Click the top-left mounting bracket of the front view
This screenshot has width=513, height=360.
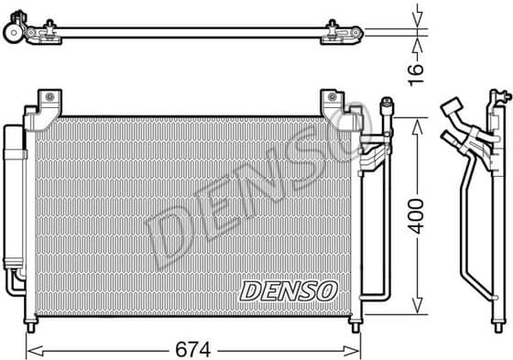(x=49, y=103)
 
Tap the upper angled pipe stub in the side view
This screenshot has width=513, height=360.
(x=451, y=115)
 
